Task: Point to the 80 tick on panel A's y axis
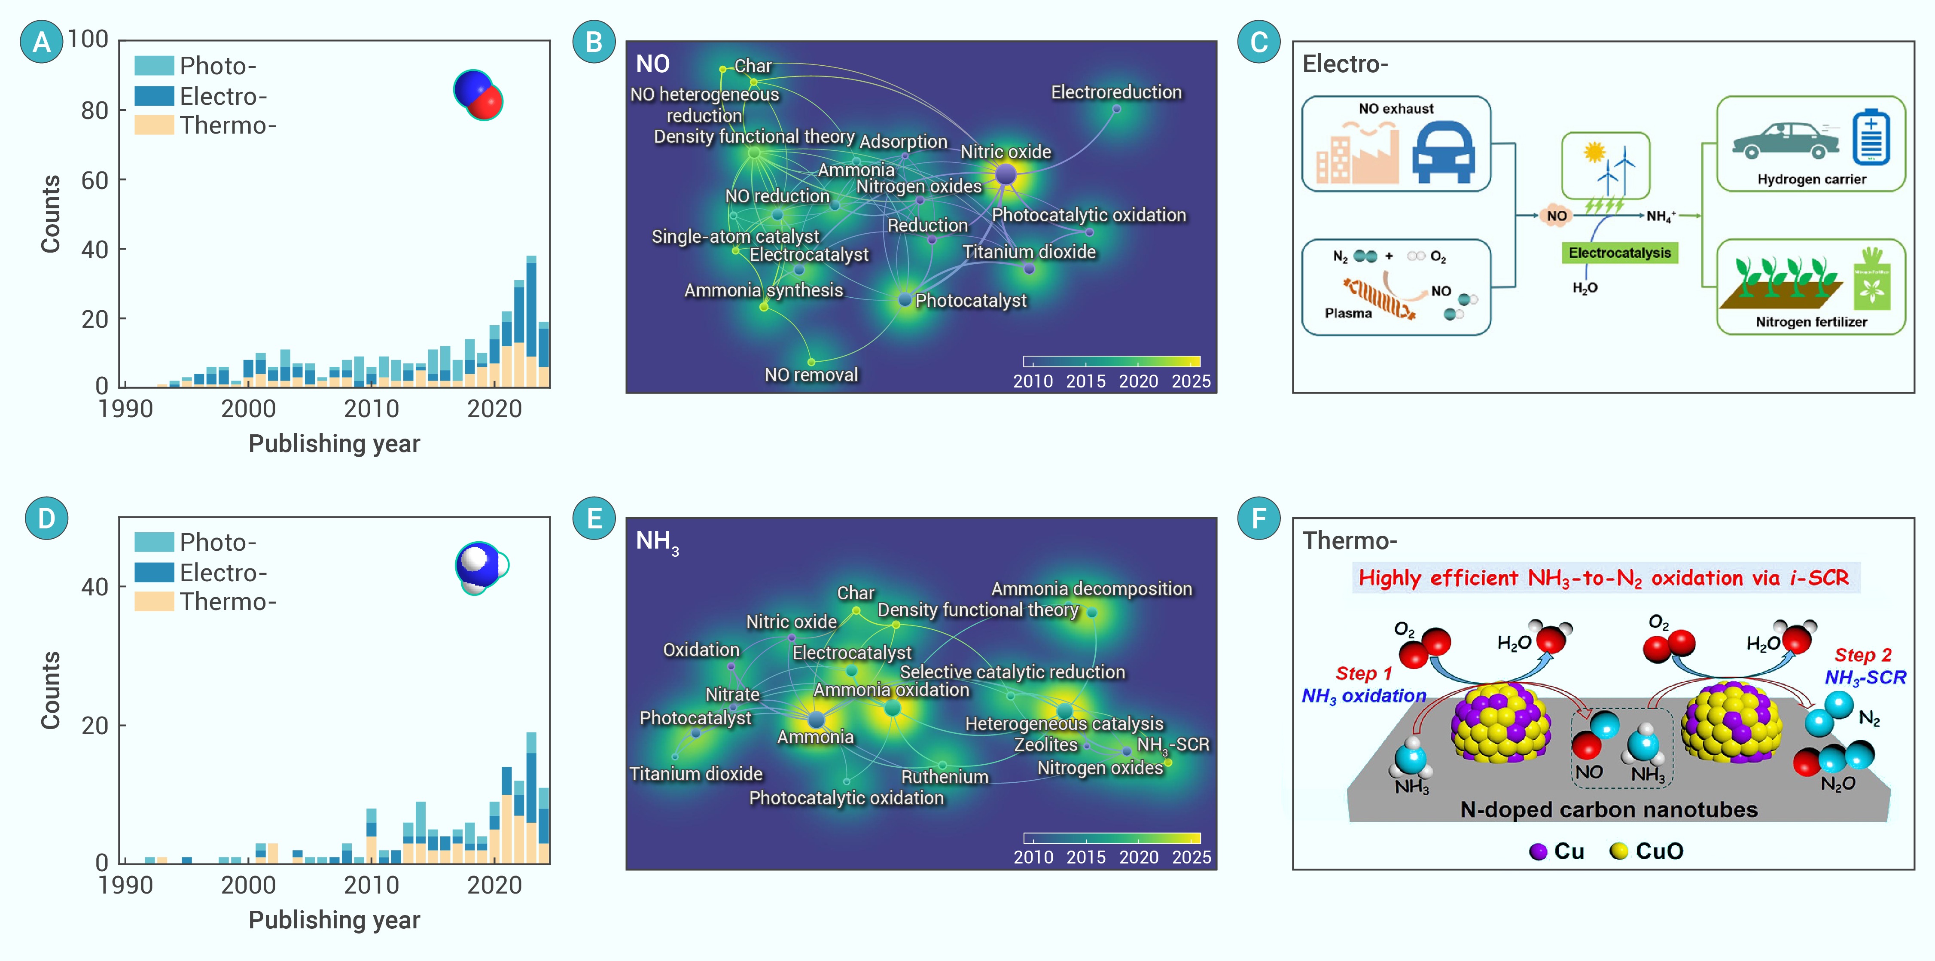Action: tap(94, 110)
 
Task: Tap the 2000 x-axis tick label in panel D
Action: tap(248, 885)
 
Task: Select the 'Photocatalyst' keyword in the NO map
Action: tap(970, 301)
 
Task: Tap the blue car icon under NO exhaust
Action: tap(1443, 153)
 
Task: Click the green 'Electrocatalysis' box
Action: tap(1619, 253)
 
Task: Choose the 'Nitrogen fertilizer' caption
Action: tap(1811, 322)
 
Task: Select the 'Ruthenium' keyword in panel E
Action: tap(944, 777)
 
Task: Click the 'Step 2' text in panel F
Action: tap(1863, 655)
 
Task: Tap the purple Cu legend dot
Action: tap(1538, 851)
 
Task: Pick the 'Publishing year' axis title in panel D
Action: tap(334, 920)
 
